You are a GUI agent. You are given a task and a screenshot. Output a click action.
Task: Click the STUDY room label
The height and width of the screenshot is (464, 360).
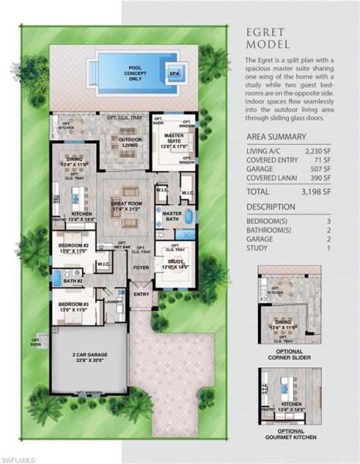click(x=174, y=263)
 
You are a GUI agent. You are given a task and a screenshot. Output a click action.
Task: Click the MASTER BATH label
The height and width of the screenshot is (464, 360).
click(x=172, y=217)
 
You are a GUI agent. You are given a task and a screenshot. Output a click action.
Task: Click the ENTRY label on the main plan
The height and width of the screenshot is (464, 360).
click(x=141, y=295)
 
